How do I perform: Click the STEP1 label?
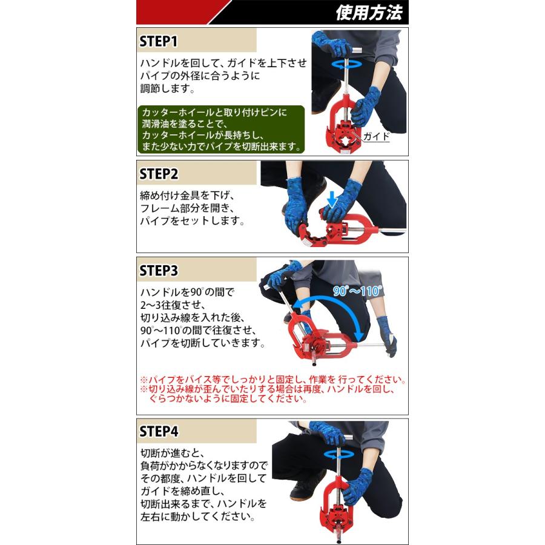click(x=158, y=41)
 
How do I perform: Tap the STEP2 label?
click(x=159, y=174)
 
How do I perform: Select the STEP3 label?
click(x=159, y=271)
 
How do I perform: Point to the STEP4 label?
click(x=159, y=432)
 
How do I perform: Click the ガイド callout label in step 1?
click(x=377, y=137)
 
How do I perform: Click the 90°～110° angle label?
click(x=357, y=291)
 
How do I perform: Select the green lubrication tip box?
click(x=221, y=129)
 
